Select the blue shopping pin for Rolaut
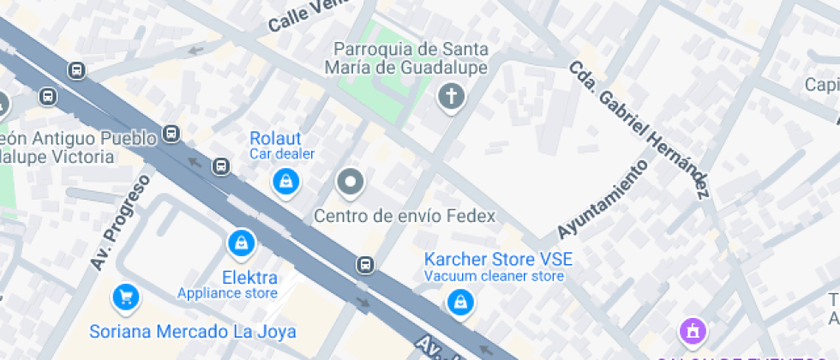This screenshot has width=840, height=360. point(285,180)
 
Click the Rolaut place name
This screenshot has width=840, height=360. point(274,138)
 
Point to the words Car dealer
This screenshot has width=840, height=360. point(282,154)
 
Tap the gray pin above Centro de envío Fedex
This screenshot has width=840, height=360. point(350,182)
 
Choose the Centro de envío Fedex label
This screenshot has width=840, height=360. point(405,216)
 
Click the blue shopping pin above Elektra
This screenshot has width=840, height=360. point(242,243)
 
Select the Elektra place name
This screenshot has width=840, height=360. point(249,278)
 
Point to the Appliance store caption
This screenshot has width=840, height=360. point(227,293)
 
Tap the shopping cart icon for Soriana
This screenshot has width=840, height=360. point(126,297)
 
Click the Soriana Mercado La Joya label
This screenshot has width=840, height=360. point(193,332)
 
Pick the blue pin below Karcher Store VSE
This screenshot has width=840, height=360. point(460,301)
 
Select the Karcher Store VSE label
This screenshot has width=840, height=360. point(498,259)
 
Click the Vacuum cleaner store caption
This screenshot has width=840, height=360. point(494,276)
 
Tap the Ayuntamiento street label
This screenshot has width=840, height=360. point(602,200)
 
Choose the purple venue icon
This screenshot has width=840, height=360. point(692,330)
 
